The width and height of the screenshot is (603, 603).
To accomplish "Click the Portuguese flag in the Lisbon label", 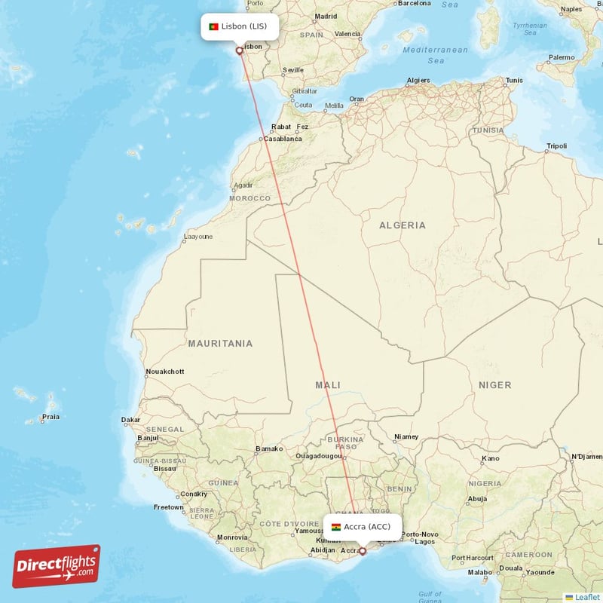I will click(214, 26).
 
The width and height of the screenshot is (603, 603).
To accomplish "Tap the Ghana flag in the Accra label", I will click(336, 527).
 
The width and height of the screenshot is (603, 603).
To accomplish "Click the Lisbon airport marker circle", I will click(240, 51).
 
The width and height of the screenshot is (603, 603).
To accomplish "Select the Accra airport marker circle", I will click(362, 551).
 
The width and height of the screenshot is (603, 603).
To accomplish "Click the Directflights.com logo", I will click(57, 566).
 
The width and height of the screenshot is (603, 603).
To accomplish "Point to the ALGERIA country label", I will click(402, 225).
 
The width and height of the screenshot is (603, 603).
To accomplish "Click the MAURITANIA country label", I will click(220, 344).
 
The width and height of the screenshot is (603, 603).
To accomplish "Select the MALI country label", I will click(328, 385).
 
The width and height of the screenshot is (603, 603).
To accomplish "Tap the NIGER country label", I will click(494, 385).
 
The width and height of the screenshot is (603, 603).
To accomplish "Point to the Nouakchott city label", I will click(164, 372).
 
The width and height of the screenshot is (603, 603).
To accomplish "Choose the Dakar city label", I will click(130, 420).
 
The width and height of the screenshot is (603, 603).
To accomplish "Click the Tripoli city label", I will click(556, 145).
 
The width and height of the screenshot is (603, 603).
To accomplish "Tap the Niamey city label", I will click(406, 437).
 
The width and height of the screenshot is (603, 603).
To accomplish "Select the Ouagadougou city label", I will click(320, 456).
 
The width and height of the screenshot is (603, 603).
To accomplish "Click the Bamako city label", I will click(269, 449).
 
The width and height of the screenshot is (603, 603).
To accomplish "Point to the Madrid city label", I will click(326, 16).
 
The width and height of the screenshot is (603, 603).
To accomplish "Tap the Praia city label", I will click(51, 416).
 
